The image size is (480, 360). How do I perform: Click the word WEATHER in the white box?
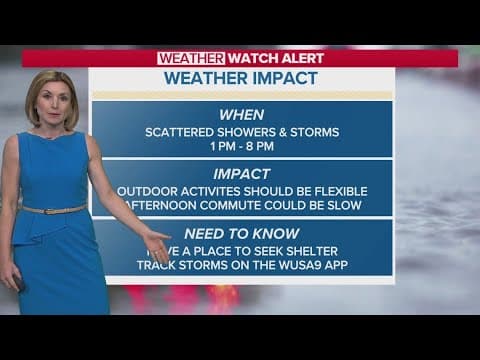190,58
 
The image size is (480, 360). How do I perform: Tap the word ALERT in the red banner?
301,58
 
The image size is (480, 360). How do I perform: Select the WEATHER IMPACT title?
240,78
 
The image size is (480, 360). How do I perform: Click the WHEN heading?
241,115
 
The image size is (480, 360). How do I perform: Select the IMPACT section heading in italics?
241,173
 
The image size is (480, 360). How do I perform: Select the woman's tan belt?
54,209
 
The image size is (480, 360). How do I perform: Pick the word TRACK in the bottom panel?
156,265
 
